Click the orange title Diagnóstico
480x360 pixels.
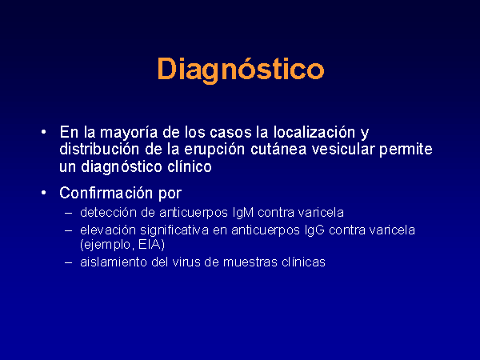(x=241, y=70)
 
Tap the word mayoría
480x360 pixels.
(x=129, y=133)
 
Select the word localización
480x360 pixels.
(x=314, y=132)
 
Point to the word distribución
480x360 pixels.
(x=99, y=149)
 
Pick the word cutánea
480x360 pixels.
(x=278, y=149)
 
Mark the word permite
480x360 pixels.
(x=406, y=150)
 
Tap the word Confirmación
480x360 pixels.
(x=106, y=193)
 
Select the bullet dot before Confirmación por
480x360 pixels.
(x=44, y=193)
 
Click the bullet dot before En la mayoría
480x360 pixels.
(x=44, y=132)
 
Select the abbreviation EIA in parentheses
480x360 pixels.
(x=150, y=245)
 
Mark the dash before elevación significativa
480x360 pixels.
(x=69, y=230)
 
